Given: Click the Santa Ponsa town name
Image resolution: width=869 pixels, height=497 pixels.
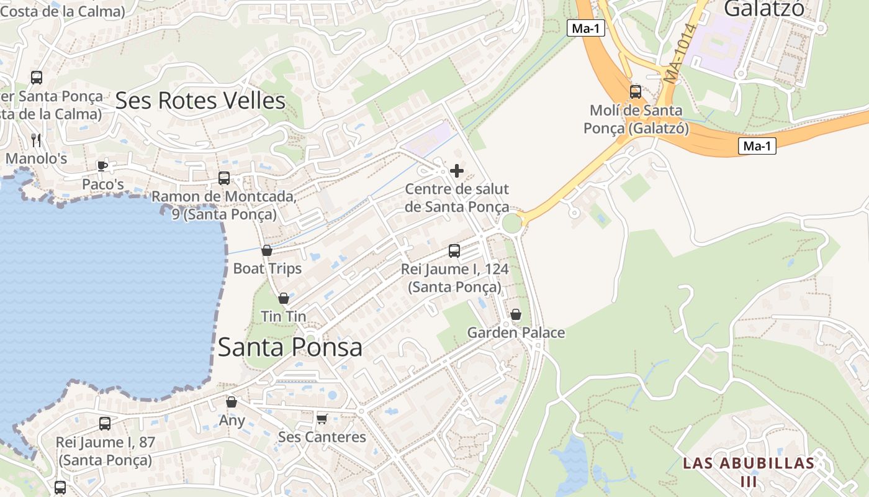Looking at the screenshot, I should [x=290, y=347].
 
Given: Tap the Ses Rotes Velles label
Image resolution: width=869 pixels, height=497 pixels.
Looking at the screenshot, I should [x=200, y=100].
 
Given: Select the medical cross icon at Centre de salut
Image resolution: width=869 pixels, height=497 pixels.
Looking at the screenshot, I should [x=457, y=171].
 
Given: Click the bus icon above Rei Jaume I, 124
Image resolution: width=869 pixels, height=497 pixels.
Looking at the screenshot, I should [x=454, y=251].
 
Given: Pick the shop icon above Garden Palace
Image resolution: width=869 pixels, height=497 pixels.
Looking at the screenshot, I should [x=516, y=314].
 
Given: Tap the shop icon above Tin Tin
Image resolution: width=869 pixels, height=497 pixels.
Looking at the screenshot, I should [x=284, y=298].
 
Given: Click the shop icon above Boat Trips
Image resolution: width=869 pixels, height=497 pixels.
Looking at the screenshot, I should [x=267, y=250].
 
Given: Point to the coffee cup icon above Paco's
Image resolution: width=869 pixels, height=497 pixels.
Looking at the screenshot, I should [x=102, y=166].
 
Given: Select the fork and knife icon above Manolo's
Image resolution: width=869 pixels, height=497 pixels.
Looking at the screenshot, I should [x=36, y=140].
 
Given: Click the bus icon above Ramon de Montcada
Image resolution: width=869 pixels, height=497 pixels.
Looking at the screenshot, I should [x=224, y=178].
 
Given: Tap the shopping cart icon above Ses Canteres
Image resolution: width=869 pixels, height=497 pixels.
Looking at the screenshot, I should [x=322, y=419].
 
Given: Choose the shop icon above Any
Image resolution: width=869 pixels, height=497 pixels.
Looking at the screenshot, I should [x=232, y=403].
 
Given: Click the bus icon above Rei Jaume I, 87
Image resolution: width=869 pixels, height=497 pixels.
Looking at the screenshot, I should [x=105, y=424].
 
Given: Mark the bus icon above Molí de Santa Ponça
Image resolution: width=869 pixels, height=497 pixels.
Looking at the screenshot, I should [x=636, y=92].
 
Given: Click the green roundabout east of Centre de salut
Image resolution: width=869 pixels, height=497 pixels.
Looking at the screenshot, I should [x=512, y=223].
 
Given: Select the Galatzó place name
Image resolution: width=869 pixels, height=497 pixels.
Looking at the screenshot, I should [x=763, y=8].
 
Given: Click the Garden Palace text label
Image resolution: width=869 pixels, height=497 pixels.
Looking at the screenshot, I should [x=516, y=332].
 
